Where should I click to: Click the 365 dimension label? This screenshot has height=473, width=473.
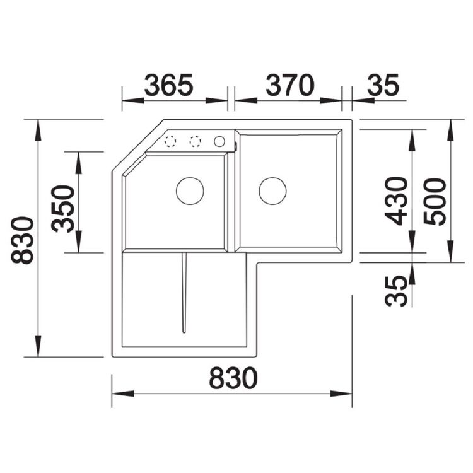pos(168,85)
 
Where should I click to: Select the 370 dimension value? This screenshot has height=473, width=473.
pos(290,85)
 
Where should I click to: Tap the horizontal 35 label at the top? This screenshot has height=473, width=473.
pos(383,85)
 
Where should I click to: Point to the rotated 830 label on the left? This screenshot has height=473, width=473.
pos(22,240)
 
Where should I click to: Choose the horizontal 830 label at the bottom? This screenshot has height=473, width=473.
pos(233,378)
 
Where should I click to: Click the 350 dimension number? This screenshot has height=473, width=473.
pos(62,209)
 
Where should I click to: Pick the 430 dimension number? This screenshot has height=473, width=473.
pos(396,201)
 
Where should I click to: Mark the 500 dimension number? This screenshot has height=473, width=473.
pos(435,202)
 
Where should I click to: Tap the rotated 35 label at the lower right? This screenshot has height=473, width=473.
pos(396,291)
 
